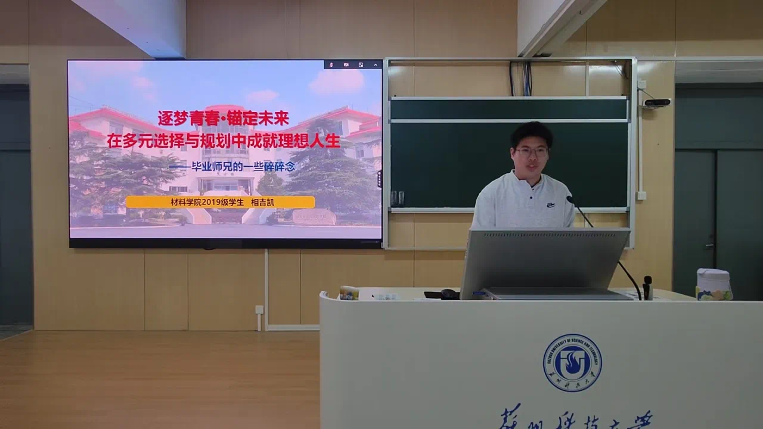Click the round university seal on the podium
(x=572, y=362)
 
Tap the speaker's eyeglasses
(x=531, y=152)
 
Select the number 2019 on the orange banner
(x=211, y=202)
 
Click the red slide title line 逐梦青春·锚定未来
(x=223, y=118)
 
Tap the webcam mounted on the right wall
(x=656, y=102)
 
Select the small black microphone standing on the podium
(x=647, y=287)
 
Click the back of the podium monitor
(x=544, y=259)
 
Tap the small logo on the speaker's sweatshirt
(x=551, y=204)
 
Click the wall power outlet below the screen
(x=259, y=309)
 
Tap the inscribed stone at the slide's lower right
(x=314, y=217)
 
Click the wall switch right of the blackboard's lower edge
(x=641, y=195)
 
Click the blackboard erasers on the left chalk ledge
(x=397, y=198)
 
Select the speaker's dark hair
(x=531, y=133)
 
